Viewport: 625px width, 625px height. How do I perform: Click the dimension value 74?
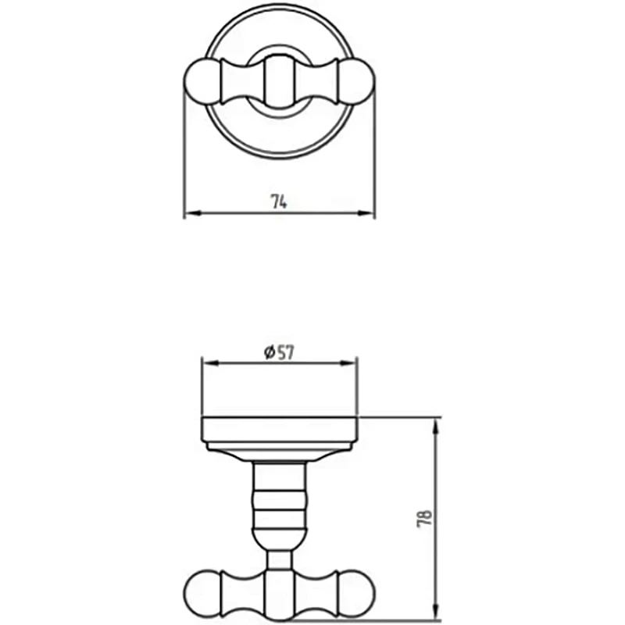(279, 202)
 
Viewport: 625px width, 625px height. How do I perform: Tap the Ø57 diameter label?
(279, 353)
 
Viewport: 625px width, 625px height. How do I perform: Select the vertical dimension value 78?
(425, 519)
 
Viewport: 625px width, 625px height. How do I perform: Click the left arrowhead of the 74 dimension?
(192, 213)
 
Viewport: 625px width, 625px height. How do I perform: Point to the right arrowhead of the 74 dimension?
(366, 213)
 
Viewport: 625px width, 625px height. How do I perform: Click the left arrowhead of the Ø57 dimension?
(211, 362)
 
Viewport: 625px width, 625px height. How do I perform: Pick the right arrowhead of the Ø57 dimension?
(347, 362)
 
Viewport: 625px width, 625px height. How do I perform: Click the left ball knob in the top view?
(202, 82)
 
